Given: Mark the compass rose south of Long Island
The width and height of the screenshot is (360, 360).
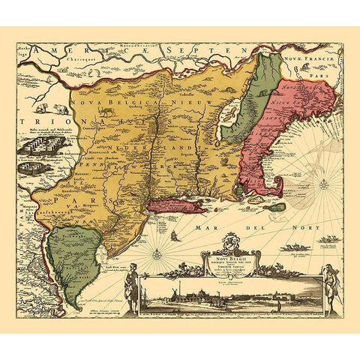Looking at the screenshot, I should click(157, 254).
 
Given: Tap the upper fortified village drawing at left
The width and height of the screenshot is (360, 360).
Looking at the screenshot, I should click(36, 148).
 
